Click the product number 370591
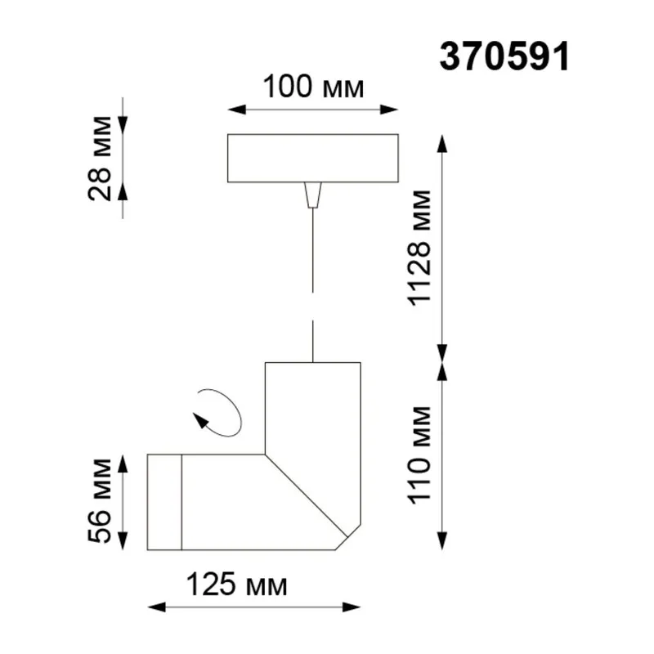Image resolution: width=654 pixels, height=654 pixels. [x=504, y=57]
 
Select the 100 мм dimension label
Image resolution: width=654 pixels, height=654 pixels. [x=313, y=87]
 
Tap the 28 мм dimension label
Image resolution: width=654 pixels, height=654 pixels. [x=100, y=159]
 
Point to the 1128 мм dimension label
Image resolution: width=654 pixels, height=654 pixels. [x=419, y=249]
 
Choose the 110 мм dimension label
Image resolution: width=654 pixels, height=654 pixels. [x=419, y=455]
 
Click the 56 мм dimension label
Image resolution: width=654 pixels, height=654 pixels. [x=100, y=500]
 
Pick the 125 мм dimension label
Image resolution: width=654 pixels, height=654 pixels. [x=236, y=585]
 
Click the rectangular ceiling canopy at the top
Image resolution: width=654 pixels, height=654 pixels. [x=313, y=158]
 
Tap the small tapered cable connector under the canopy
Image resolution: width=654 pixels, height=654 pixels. [x=313, y=195]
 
